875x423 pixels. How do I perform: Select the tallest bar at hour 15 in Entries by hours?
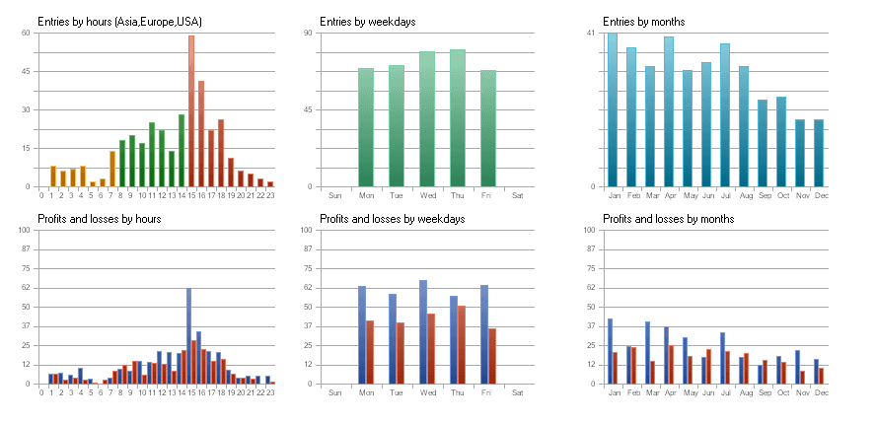(191, 110)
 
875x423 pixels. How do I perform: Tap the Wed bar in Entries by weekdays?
(427, 118)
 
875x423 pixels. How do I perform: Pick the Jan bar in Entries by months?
(613, 109)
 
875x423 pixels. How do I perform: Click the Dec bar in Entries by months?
(819, 153)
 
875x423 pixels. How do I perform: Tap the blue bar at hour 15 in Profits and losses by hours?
(188, 335)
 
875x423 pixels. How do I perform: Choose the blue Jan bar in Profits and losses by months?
(610, 351)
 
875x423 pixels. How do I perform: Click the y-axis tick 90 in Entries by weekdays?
(307, 33)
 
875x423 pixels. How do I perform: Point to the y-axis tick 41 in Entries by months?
(590, 33)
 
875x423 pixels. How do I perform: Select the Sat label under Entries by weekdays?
(518, 195)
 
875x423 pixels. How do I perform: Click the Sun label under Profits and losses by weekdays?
(334, 392)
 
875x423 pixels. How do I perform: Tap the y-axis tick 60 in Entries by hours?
(25, 33)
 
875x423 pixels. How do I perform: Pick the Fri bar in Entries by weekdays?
(488, 128)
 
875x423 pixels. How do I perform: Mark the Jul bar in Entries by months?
(725, 114)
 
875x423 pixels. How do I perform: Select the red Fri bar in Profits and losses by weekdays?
(492, 356)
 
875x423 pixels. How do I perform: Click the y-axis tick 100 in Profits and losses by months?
(588, 230)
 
